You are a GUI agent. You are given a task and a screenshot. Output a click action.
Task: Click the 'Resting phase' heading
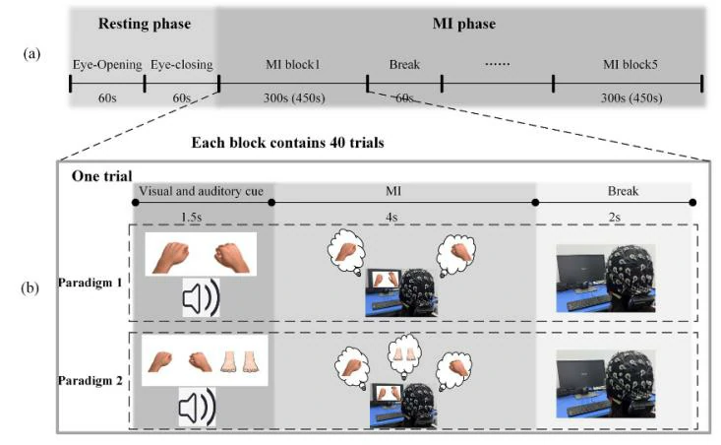click(143, 23)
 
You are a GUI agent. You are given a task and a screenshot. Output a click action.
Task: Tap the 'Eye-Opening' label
click(106, 66)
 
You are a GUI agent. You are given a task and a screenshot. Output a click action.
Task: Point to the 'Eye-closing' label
click(182, 66)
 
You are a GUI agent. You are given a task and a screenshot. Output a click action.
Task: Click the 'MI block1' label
click(292, 66)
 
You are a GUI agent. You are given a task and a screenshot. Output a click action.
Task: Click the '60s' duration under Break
click(404, 98)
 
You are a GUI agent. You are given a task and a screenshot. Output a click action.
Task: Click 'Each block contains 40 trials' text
click(287, 142)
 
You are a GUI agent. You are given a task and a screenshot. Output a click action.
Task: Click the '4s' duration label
click(402, 217)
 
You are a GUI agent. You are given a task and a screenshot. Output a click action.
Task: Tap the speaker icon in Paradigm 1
click(202, 300)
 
